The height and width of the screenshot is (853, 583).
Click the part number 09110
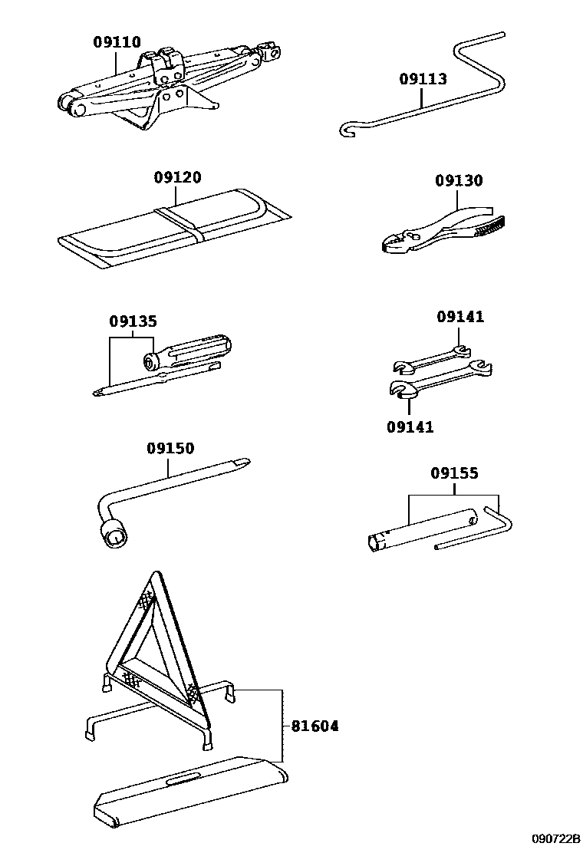click(x=117, y=42)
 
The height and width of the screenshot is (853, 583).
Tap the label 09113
click(x=423, y=79)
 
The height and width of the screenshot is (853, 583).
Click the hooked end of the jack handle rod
click(x=344, y=132)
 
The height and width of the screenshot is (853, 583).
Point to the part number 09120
click(x=176, y=178)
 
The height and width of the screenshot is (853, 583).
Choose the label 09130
click(x=459, y=181)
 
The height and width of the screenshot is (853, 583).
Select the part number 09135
click(x=132, y=323)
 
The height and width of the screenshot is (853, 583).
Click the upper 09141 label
click(x=460, y=317)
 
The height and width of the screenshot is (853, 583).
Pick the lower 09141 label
click(x=410, y=427)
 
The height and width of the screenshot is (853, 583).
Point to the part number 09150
click(x=170, y=448)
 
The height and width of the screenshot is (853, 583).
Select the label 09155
click(x=454, y=473)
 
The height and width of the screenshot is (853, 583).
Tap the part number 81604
click(x=315, y=726)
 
